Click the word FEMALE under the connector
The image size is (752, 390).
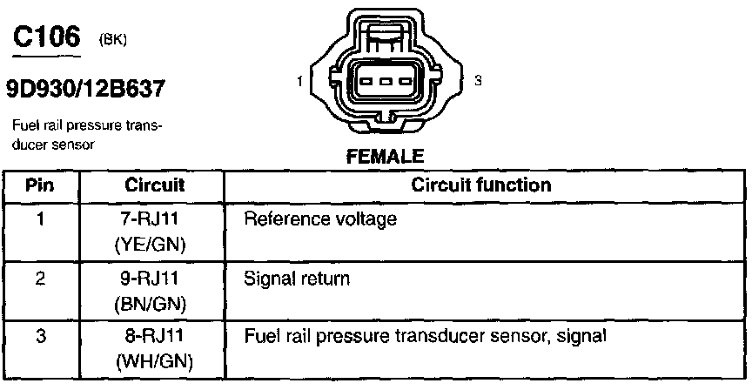pos(385,158)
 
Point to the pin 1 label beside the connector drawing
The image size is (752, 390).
pos(299,82)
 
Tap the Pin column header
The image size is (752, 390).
pos(40,185)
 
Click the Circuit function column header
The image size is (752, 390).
pos(480,185)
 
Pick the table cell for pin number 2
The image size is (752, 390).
pos(40,280)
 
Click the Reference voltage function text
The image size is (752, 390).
pos(322,220)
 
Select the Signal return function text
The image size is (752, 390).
pos(298,280)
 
